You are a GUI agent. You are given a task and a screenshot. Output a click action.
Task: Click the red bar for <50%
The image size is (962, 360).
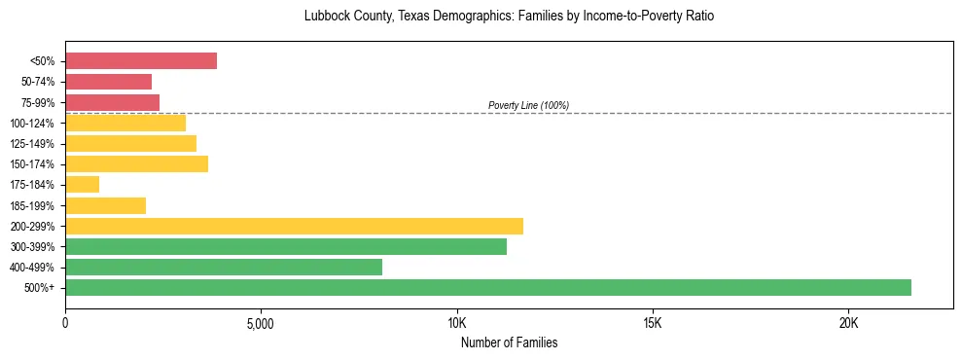click(141, 61)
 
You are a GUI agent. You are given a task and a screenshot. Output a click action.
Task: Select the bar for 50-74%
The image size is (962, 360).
click(108, 82)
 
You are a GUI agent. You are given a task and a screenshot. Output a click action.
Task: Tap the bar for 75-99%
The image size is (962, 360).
click(112, 102)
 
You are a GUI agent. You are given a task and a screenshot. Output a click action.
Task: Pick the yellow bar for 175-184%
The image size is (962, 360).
click(82, 184)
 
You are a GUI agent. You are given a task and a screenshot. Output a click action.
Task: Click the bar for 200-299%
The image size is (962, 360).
click(294, 226)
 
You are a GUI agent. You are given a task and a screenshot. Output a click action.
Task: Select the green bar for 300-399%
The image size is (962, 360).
click(286, 246)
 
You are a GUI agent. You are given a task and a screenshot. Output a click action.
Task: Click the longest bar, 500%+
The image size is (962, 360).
click(488, 287)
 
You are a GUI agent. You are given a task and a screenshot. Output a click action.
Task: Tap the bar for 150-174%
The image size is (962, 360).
click(136, 163)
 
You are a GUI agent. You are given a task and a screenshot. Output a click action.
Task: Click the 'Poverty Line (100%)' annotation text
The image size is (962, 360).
click(528, 105)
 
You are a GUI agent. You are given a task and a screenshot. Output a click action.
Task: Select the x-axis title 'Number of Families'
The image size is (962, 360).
click(509, 343)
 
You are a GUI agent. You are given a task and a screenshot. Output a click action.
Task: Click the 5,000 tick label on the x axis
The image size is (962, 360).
click(261, 323)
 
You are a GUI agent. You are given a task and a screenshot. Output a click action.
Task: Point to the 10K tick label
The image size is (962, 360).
click(457, 323)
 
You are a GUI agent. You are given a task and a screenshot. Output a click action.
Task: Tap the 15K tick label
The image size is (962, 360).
click(653, 323)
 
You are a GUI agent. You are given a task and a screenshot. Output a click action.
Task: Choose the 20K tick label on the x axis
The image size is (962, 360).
click(849, 323)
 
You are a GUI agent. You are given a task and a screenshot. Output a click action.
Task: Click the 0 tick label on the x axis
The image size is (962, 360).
click(65, 323)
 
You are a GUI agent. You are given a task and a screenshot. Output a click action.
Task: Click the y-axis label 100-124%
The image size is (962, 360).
click(32, 124)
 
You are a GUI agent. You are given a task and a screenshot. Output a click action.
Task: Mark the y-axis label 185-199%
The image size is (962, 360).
click(32, 205)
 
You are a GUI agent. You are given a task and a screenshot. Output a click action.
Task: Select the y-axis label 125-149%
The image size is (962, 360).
click(32, 144)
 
